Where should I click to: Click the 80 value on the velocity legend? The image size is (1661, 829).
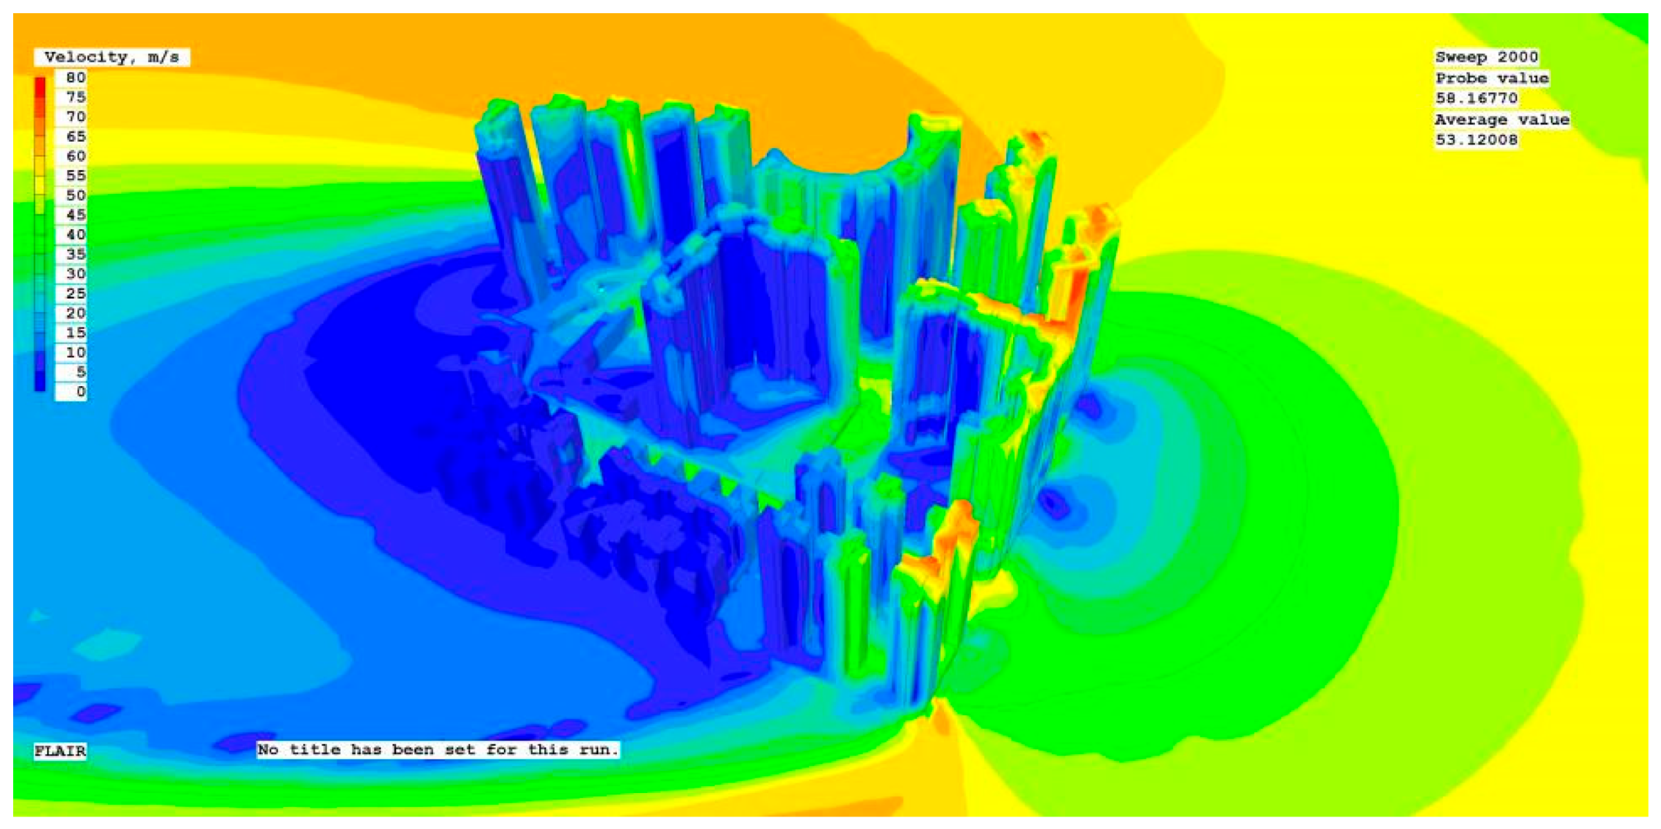pos(76,78)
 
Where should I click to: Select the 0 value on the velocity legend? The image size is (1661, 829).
pos(81,392)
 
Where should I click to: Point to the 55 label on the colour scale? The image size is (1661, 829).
pos(76,176)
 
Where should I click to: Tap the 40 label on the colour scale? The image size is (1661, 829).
pos(76,235)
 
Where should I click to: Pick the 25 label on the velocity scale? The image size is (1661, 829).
pos(76,293)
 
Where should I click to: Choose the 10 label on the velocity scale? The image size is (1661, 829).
pos(76,352)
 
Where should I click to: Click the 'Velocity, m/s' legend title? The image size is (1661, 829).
pos(112,57)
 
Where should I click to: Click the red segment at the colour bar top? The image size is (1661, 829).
pos(40,88)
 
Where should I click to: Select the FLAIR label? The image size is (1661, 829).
pos(60,751)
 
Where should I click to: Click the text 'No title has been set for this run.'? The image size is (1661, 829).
pos(438,749)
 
